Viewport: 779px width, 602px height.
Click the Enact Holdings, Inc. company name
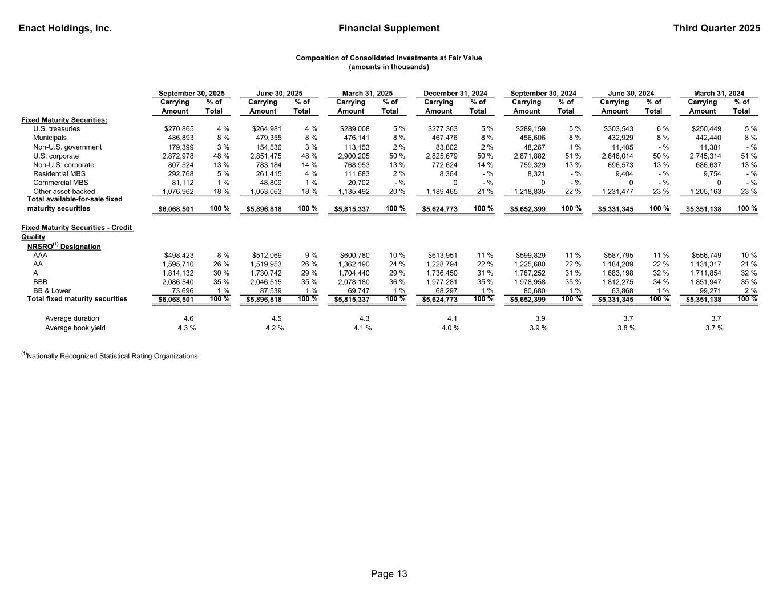[x=65, y=29]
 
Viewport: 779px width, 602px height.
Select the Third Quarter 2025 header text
[x=716, y=29]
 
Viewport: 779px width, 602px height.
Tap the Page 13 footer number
[x=389, y=574]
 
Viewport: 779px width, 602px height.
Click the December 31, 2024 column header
[x=455, y=94]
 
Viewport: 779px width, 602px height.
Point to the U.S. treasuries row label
[x=56, y=129]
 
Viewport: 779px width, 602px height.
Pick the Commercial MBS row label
[x=60, y=183]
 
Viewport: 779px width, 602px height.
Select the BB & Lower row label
[x=52, y=290]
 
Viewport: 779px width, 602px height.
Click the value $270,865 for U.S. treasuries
[x=179, y=129]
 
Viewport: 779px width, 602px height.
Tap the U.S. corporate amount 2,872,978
[x=177, y=156]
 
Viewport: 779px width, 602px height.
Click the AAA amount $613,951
[x=442, y=256]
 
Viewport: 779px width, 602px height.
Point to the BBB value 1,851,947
[x=705, y=282]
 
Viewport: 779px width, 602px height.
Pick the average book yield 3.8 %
[x=626, y=328]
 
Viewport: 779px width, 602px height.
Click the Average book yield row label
[x=75, y=328]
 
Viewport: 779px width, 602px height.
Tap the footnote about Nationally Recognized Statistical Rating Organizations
[x=111, y=356]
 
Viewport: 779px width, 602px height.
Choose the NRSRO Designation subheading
[x=64, y=247]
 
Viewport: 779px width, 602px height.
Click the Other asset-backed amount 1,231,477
[x=617, y=192]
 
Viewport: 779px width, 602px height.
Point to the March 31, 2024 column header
[x=719, y=94]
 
